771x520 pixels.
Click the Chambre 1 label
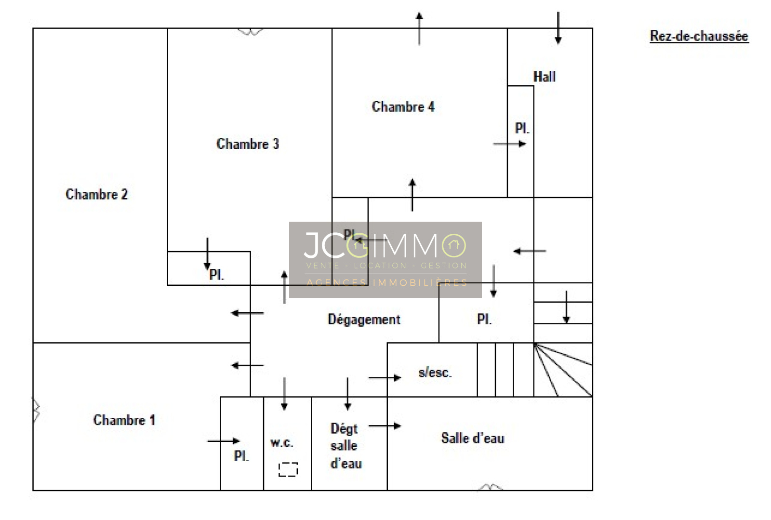pyautogui.click(x=124, y=420)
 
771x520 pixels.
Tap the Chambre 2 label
pyautogui.click(x=97, y=194)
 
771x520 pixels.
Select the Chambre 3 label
pyautogui.click(x=248, y=144)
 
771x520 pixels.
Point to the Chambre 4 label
pyautogui.click(x=403, y=107)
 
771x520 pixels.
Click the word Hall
pyautogui.click(x=545, y=77)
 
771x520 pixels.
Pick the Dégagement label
pyautogui.click(x=364, y=320)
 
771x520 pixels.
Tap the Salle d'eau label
pyautogui.click(x=473, y=438)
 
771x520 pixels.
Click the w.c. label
pyautogui.click(x=282, y=442)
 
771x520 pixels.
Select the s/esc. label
pyautogui.click(x=435, y=373)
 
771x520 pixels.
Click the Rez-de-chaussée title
pyautogui.click(x=699, y=36)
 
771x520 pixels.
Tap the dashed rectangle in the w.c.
pyautogui.click(x=288, y=469)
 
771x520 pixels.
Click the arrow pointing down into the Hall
pyautogui.click(x=558, y=28)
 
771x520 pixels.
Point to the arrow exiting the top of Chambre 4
pyautogui.click(x=419, y=28)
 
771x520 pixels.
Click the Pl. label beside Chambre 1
pyautogui.click(x=241, y=456)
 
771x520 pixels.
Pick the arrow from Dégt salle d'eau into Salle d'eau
pyautogui.click(x=385, y=426)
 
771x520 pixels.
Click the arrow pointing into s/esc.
pyautogui.click(x=385, y=378)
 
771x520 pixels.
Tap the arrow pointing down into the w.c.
pyautogui.click(x=284, y=394)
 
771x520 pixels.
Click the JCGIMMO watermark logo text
pyautogui.click(x=385, y=245)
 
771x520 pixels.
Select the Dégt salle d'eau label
pyautogui.click(x=346, y=446)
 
